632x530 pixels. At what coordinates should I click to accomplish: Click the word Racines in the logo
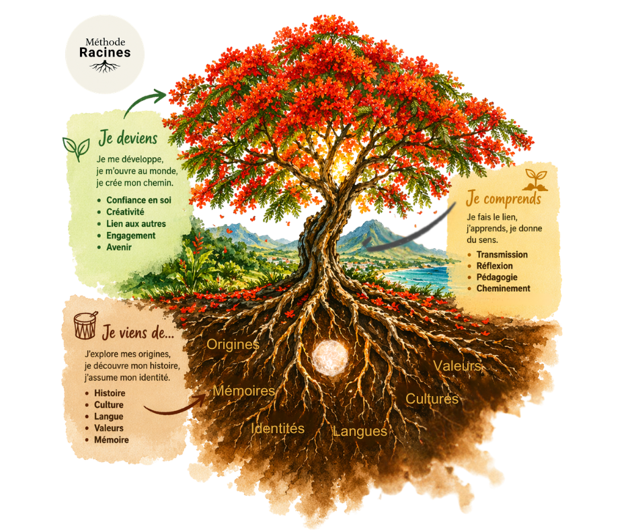[x=105, y=52]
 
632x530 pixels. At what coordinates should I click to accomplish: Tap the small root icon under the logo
[x=105, y=67]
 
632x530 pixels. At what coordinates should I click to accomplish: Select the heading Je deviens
[x=128, y=138]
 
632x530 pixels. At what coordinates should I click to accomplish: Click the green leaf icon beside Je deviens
[x=76, y=149]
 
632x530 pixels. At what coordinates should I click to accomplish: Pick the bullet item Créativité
[x=125, y=212]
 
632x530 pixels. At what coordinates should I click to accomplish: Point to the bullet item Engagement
[x=130, y=235]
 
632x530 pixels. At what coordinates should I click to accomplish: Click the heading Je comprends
[x=504, y=199]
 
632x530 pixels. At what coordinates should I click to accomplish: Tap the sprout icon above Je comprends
[x=535, y=180]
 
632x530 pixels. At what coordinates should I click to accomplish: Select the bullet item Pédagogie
[x=497, y=277]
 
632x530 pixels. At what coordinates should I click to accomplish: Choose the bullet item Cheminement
[x=504, y=289]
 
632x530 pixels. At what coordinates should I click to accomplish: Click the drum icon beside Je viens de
[x=85, y=325]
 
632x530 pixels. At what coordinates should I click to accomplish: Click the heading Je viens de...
[x=138, y=332]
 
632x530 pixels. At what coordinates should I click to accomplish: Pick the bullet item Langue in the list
[x=108, y=416]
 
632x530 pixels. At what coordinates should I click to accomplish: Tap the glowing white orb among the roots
[x=329, y=357]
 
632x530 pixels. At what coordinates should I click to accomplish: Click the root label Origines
[x=233, y=344]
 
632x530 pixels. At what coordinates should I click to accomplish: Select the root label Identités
[x=277, y=428]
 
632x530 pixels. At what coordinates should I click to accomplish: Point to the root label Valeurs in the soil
[x=457, y=366]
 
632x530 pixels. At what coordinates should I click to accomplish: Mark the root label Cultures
[x=432, y=399]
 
